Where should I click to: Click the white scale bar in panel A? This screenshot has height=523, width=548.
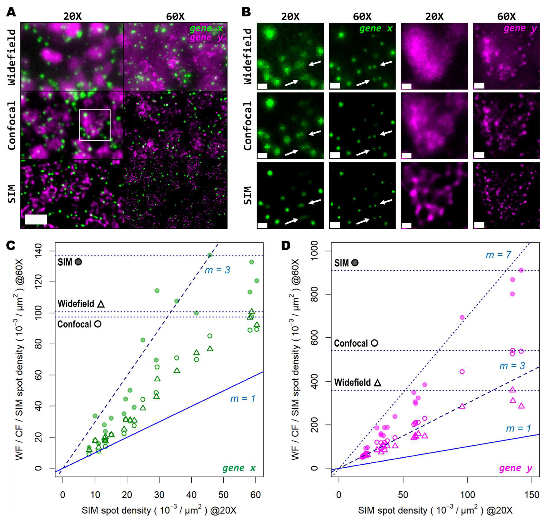coord(36,219)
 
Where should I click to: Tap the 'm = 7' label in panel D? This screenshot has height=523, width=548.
coord(498,255)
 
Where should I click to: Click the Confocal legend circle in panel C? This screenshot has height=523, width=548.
coord(98,324)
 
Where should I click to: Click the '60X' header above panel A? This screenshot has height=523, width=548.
coord(175,17)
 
